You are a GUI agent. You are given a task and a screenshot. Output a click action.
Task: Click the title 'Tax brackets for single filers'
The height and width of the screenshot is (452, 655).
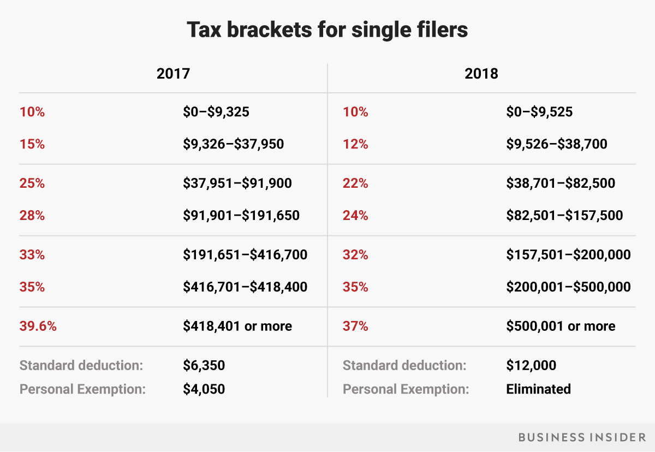click(x=327, y=29)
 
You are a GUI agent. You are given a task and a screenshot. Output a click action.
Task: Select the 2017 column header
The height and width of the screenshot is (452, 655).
click(x=173, y=74)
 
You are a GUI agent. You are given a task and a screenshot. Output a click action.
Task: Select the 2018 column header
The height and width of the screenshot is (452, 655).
click(x=481, y=74)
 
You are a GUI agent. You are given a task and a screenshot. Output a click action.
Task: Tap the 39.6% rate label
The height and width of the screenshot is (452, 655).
click(x=38, y=326)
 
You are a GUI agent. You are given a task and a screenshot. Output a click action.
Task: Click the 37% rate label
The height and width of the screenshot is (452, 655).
click(x=355, y=326)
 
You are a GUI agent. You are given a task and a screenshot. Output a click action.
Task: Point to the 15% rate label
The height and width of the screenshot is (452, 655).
click(x=32, y=144)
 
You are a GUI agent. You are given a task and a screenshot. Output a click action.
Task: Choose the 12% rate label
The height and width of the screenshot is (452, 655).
click(x=355, y=144)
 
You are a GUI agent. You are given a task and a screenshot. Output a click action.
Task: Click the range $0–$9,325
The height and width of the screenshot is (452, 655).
click(x=216, y=112)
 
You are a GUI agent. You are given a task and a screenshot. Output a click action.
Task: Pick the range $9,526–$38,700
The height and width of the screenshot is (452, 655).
click(x=557, y=144)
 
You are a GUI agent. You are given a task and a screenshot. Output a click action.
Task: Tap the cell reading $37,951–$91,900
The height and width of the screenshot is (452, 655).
click(x=237, y=183)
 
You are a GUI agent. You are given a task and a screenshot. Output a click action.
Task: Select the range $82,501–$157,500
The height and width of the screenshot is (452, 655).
click(x=564, y=216)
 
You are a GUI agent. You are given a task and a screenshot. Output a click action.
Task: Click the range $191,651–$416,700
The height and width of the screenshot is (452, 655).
click(x=245, y=255)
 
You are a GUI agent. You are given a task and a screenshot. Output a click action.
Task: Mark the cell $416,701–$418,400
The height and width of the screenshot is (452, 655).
click(x=245, y=287)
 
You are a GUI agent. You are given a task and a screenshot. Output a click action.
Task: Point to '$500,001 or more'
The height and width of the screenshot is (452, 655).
click(x=561, y=326)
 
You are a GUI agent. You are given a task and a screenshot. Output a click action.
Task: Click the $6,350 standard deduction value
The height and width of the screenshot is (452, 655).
click(x=204, y=365)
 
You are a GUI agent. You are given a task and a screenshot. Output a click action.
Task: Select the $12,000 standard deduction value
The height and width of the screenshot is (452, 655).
click(x=531, y=365)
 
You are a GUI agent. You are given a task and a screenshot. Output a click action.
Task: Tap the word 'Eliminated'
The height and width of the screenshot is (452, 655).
click(x=538, y=389)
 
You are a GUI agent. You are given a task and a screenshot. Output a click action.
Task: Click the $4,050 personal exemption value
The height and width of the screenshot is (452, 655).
click(x=204, y=389)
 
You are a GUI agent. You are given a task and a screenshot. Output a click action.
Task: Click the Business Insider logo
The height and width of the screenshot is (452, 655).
click(x=579, y=437)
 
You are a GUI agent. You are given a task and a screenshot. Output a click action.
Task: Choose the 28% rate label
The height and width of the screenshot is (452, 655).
click(x=32, y=216)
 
